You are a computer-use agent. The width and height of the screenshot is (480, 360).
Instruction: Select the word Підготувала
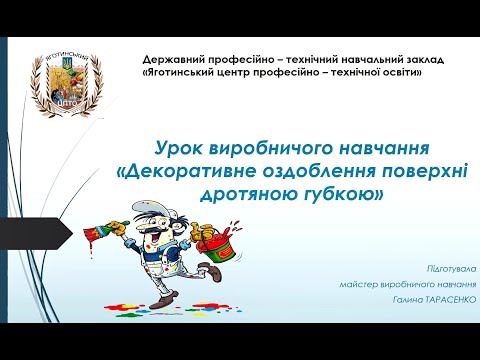pyautogui.click(x=451, y=271)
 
